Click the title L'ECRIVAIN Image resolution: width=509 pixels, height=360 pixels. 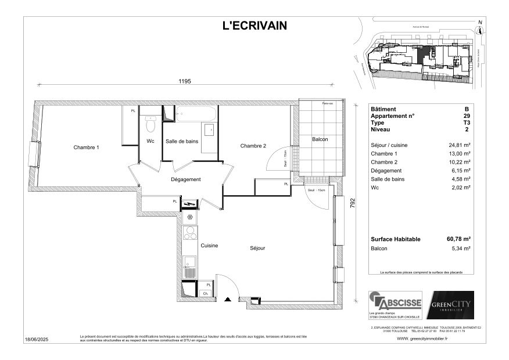254,25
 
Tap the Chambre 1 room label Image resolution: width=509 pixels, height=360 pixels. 86,147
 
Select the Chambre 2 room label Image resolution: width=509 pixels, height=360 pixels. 253,146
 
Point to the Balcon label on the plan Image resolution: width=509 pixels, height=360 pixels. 320,139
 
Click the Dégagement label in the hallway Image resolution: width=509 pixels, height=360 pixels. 186,179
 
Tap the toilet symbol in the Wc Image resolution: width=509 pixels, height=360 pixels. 151,123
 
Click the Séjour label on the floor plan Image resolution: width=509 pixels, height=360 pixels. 257,248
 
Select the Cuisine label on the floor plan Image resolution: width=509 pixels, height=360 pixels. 209,246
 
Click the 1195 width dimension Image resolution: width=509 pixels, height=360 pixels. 185,82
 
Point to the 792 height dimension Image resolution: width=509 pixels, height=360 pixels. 353,204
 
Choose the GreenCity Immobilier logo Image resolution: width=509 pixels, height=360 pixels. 451,305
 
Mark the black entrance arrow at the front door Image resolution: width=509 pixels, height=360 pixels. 228,300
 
